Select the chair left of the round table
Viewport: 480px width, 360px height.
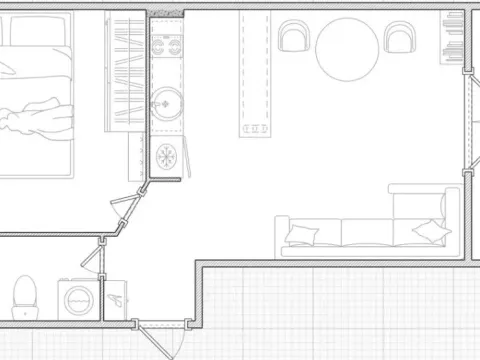pyautogui.click(x=294, y=38)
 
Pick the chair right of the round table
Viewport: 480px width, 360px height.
pyautogui.click(x=402, y=38)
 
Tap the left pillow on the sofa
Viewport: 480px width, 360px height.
pyautogui.click(x=301, y=236)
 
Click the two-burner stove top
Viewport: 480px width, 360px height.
pyautogui.click(x=165, y=46)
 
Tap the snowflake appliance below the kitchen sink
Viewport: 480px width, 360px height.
pyautogui.click(x=166, y=156)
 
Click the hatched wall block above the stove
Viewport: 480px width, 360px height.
pyautogui.click(x=165, y=12)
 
